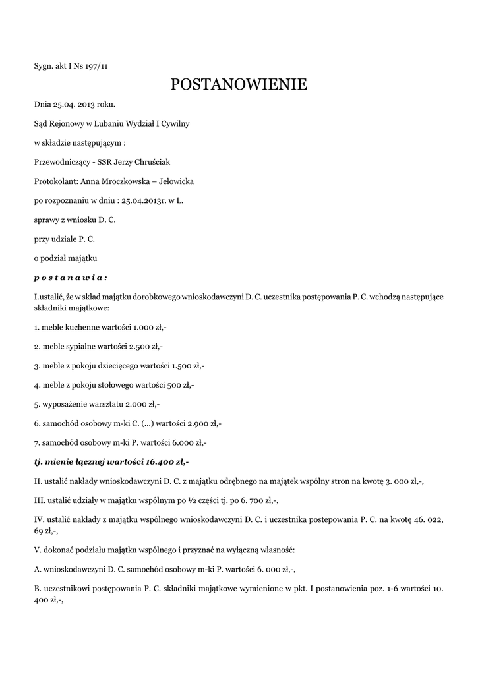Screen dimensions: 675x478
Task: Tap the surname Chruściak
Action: [x=158, y=161]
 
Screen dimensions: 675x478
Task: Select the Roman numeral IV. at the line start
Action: [x=39, y=519]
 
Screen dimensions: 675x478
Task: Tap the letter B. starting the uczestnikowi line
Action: [x=38, y=587]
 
